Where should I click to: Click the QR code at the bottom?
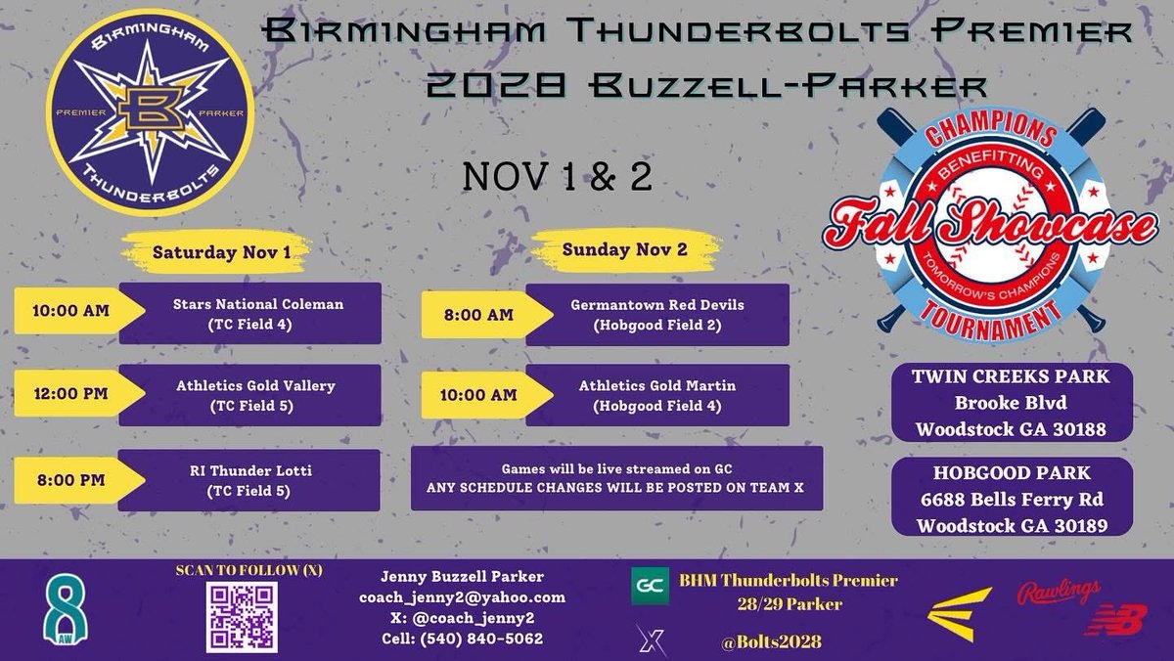pyautogui.click(x=241, y=616)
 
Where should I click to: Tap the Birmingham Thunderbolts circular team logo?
pyautogui.click(x=150, y=112)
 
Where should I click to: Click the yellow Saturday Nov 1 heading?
pyautogui.click(x=221, y=252)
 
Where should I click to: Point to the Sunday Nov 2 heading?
pyautogui.click(x=623, y=249)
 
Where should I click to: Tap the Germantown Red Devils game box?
pyautogui.click(x=656, y=314)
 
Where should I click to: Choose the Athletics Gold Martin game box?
pyautogui.click(x=656, y=395)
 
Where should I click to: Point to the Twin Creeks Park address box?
pyautogui.click(x=1011, y=403)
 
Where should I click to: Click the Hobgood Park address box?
pyautogui.click(x=1011, y=498)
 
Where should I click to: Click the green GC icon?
pyautogui.click(x=650, y=586)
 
